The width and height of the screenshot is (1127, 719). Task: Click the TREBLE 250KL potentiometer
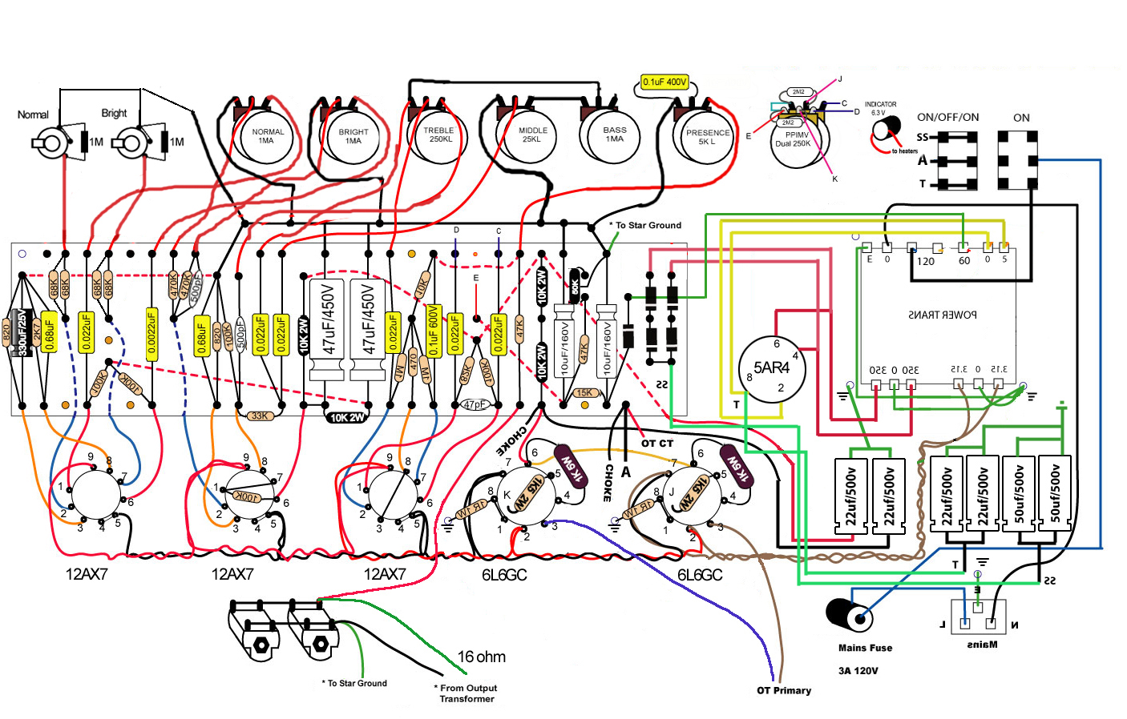click(440, 135)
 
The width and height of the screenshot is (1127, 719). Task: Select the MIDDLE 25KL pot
click(532, 135)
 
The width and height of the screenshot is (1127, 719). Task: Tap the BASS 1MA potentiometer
click(614, 135)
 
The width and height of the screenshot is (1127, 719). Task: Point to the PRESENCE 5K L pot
click(707, 137)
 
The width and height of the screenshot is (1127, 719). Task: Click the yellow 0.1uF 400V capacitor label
click(664, 82)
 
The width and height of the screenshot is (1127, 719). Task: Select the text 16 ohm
click(481, 657)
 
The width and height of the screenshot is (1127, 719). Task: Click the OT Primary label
click(784, 690)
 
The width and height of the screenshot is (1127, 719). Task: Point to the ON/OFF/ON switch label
click(947, 117)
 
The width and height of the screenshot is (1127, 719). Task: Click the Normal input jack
click(53, 143)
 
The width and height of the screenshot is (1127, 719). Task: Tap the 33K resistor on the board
click(259, 416)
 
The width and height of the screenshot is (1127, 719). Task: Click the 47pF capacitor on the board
click(475, 405)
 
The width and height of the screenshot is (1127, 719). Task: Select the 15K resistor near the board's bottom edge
click(584, 393)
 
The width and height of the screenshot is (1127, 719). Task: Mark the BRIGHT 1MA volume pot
click(353, 137)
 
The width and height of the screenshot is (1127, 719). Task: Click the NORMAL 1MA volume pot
click(267, 137)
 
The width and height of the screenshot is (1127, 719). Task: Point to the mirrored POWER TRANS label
click(943, 315)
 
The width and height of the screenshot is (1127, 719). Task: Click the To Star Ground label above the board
click(648, 225)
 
